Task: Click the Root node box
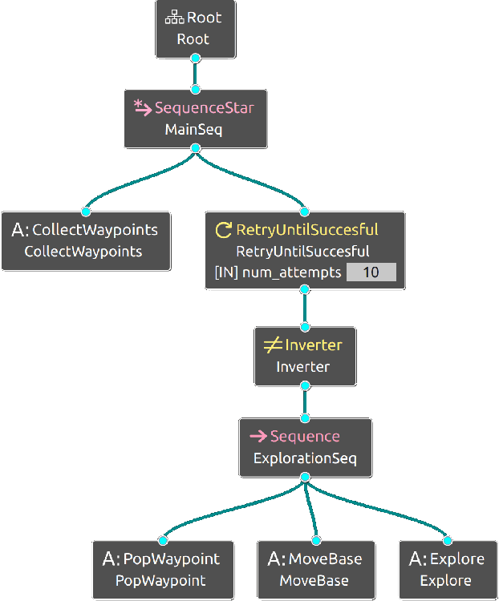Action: [x=195, y=28]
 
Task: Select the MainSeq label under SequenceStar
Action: [x=194, y=129]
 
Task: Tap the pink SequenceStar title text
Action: [x=205, y=107]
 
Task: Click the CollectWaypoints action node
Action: [x=85, y=240]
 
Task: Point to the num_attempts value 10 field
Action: [x=371, y=272]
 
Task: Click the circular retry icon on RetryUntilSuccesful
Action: [x=224, y=230]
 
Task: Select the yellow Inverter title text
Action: [x=314, y=345]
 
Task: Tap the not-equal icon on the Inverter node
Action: [x=272, y=345]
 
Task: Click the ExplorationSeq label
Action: [x=305, y=458]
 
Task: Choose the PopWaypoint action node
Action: [x=161, y=569]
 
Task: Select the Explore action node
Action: [x=446, y=569]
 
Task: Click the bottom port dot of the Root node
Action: [x=195, y=58]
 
